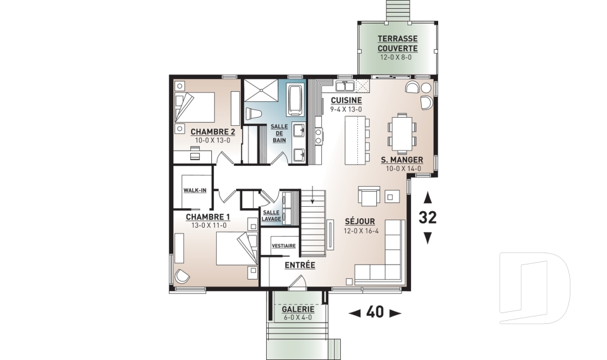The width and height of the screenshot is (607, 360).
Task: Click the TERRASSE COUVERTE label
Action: click(x=398, y=44)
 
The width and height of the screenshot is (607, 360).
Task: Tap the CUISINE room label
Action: click(x=346, y=101)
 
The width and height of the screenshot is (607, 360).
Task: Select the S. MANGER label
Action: click(x=402, y=159)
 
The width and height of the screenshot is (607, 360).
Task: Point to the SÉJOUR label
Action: click(x=360, y=221)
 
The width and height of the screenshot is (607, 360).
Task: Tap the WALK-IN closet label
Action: click(x=194, y=190)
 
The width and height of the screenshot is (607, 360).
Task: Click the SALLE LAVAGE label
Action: click(x=271, y=216)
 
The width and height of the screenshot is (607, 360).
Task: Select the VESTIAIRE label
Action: click(x=283, y=245)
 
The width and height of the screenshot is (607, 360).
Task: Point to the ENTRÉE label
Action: click(x=300, y=266)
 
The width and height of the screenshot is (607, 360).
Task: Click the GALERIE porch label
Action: click(x=298, y=309)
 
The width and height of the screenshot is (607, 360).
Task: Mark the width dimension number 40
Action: click(x=375, y=313)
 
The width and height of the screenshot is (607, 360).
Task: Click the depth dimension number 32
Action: click(x=427, y=218)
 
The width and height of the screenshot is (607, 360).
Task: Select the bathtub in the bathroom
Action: click(x=296, y=101)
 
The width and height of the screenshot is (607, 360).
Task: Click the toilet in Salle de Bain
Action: click(x=254, y=113)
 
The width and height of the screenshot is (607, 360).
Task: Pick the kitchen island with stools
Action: click(x=355, y=140)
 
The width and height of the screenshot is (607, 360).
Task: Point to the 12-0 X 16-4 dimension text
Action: click(x=360, y=232)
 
